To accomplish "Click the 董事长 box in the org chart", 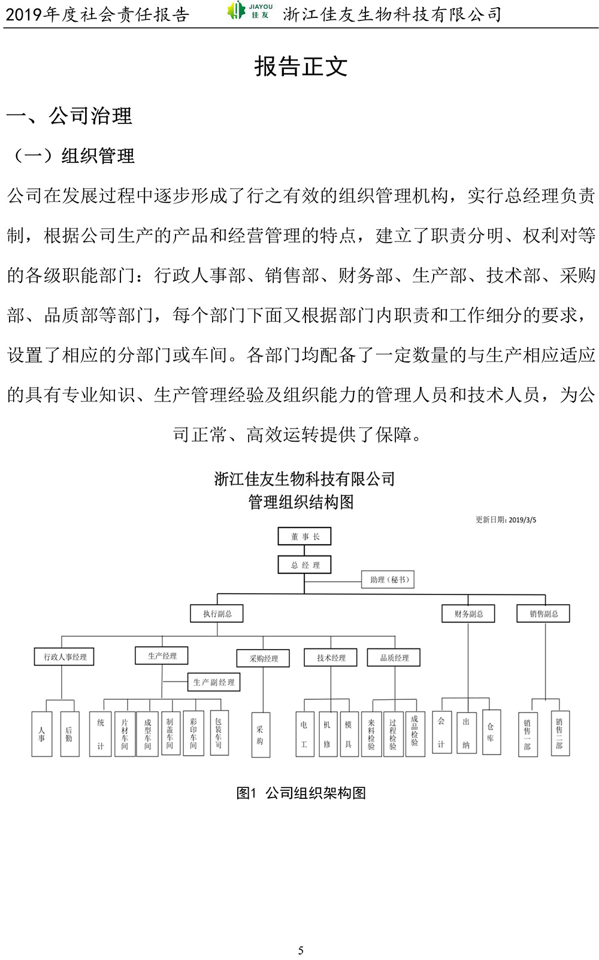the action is click(x=304, y=536).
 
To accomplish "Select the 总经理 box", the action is click(x=304, y=565).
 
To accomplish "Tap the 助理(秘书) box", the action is click(x=388, y=579).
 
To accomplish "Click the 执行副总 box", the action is click(x=217, y=614).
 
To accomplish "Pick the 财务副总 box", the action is click(x=468, y=614).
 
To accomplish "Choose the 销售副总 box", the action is click(x=543, y=614).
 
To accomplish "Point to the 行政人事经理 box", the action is click(x=64, y=657).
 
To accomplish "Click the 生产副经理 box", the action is click(x=214, y=682).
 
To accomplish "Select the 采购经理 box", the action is click(x=263, y=659).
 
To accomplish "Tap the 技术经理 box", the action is click(x=331, y=657).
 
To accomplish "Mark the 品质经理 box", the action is click(x=394, y=657).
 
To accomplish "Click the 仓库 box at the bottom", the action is click(x=491, y=732).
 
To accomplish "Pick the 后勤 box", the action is click(x=70, y=733).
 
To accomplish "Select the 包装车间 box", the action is click(x=219, y=733).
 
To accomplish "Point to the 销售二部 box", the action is click(x=560, y=733).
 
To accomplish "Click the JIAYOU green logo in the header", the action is click(x=250, y=11).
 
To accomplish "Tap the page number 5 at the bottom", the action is click(x=301, y=950).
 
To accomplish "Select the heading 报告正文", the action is click(x=301, y=67).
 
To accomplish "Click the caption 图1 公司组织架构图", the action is click(x=301, y=793).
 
